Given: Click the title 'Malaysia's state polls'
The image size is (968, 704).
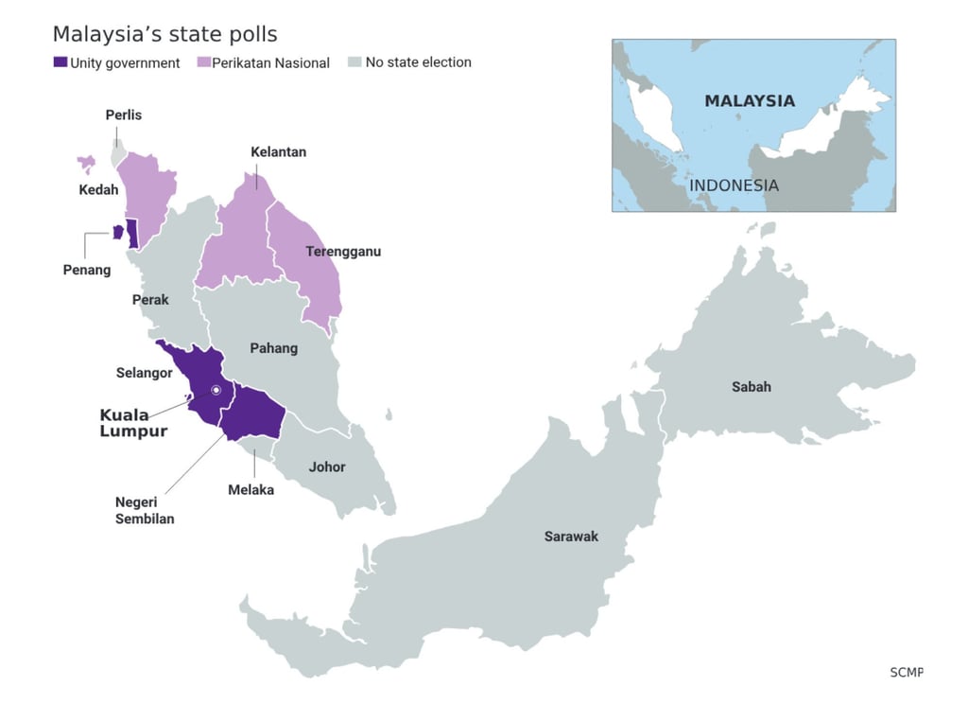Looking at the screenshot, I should pos(164,34).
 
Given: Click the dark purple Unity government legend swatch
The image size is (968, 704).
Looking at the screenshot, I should pos(60,62).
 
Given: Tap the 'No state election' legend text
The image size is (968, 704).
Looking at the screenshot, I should pos(418,62).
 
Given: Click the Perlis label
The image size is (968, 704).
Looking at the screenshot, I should pos(123,114).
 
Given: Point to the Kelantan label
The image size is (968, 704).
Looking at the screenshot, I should pos(278,151).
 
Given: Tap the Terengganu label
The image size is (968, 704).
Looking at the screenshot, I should pos(343,252).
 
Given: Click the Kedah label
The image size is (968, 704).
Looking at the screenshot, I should pos(98,189).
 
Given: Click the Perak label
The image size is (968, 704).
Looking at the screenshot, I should pos(150,299).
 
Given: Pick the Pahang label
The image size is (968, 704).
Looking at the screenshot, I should pos(273,348).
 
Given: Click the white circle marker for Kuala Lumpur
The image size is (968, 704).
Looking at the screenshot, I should pos(216,390).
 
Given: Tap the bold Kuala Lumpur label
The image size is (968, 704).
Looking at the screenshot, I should pos(133,423).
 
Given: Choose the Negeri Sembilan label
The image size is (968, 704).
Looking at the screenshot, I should pos(145,511).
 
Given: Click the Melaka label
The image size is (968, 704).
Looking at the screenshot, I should pos(251,490).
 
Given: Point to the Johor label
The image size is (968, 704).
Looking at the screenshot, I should pos(327,466).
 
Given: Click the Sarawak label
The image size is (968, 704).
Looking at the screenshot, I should pos(571,537).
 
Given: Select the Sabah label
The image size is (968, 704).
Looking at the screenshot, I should pos(751,386).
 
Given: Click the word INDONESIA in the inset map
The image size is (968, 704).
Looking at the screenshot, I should pos(734,185).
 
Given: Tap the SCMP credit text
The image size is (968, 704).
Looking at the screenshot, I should pos(906,672).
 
